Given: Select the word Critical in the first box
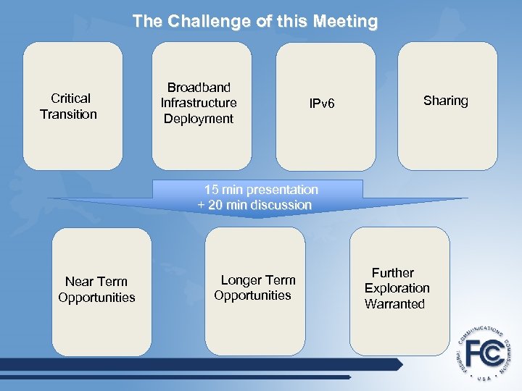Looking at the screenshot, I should coord(70,98).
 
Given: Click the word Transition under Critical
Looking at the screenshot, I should coord(68,114).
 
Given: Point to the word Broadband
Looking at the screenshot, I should coord(199,87).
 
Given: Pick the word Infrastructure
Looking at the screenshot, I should coord(199,103).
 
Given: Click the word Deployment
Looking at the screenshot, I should coord(199,119).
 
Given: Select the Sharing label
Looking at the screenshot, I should coord(445,101).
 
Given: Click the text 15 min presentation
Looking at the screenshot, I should coord(261,190).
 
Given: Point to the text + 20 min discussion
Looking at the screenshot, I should coord(254,205).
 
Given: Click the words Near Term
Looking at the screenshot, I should coord(96,282).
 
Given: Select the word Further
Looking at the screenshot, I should coord(393,273).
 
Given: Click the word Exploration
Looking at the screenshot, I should coord(397,288).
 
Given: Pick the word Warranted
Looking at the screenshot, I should coord(394,304).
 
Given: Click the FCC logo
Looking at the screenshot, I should coord(484,355).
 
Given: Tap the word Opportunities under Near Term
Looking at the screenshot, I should coord(96,298).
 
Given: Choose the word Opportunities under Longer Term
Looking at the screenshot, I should coord(252,295).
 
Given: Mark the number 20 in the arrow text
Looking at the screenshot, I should coord(216,205).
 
